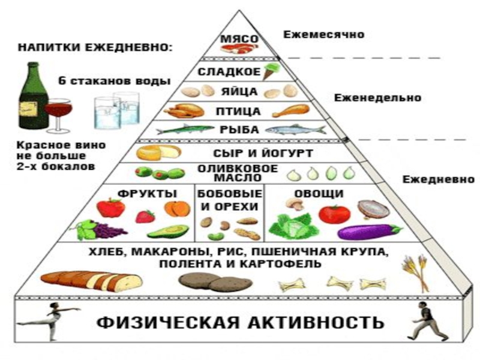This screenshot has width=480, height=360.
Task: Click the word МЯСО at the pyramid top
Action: click(239, 39)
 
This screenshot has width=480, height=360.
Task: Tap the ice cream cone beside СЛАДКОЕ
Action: click(271, 71)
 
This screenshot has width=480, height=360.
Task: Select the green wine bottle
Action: click(33, 95)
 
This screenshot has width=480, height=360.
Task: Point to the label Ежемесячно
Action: click(324, 34)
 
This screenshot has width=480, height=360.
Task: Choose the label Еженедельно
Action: click(377, 98)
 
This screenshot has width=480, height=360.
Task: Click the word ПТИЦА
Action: click(238, 112)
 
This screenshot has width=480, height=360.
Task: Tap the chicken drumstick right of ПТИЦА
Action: click(291, 110)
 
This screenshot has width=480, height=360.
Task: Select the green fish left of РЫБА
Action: click(185, 129)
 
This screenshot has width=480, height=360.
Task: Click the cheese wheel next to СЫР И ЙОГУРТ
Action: click(158, 152)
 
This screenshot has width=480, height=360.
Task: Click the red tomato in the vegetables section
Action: click(334, 215)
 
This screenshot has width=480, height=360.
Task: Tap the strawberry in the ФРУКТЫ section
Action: click(145, 217)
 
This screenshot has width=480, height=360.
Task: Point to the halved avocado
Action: click(168, 232)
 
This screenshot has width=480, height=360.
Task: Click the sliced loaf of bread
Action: click(91, 281)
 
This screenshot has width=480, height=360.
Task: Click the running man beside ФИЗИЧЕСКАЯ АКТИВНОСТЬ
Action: click(426, 320)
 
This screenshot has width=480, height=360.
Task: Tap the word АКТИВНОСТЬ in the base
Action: click(316, 322)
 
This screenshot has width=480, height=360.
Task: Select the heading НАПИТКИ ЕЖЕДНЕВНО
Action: click(95, 48)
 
